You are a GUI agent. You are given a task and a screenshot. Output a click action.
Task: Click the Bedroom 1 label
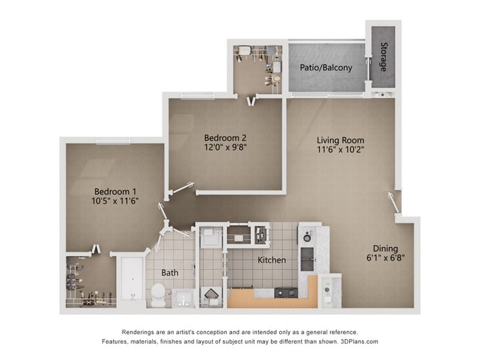pos(114,190)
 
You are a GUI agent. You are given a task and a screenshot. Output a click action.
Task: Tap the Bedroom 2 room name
pos(225,137)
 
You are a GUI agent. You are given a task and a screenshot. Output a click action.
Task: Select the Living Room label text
pos(340,140)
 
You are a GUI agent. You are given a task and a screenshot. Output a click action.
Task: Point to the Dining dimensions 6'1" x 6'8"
pos(385,258)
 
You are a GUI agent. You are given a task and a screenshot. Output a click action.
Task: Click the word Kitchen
pos(271,260)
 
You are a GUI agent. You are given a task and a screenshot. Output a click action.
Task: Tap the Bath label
pos(170,273)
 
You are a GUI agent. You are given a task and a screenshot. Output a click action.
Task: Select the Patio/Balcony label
pos(326,68)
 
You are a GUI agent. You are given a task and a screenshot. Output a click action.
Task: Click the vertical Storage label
pos(383,57)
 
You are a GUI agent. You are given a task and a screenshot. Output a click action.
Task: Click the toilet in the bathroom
pos(158,297)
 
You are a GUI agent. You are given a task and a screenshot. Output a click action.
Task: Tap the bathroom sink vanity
pos(183,298)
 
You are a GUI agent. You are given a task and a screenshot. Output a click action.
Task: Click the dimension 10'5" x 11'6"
pos(114,200)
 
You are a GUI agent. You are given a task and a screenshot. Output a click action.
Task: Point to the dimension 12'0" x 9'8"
pos(225,148)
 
